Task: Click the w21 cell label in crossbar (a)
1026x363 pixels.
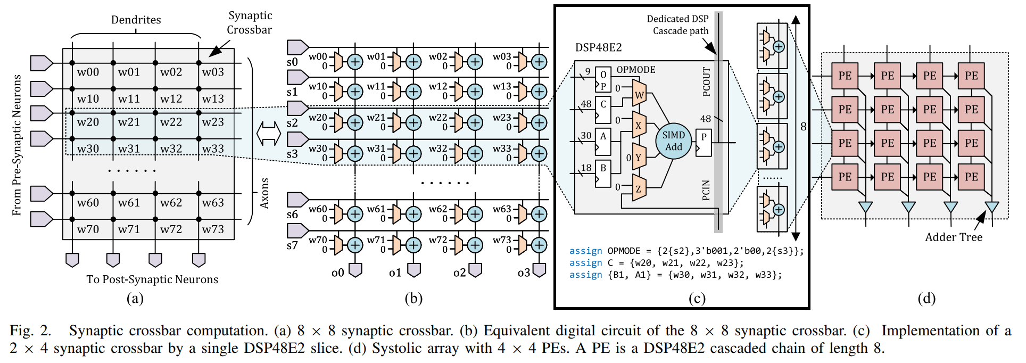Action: tap(129, 122)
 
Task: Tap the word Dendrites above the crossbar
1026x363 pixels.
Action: tap(136, 20)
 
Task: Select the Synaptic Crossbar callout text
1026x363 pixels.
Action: tap(250, 23)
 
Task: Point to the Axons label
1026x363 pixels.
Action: tap(264, 193)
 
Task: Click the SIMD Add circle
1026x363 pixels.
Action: tap(673, 142)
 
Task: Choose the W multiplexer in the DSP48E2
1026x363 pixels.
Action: tap(639, 95)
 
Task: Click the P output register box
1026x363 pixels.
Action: tap(704, 142)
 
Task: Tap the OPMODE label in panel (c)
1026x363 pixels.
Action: tap(636, 70)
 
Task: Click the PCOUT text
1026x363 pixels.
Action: tap(707, 81)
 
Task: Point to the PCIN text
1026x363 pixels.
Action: tap(707, 190)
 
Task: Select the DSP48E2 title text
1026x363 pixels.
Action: tap(598, 48)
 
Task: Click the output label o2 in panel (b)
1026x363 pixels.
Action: tap(459, 273)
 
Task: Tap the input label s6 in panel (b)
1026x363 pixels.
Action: tap(292, 214)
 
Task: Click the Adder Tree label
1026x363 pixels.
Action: tap(954, 237)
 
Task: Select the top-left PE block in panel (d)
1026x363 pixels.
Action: tap(845, 76)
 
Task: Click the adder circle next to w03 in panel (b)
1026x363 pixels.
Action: tap(539, 62)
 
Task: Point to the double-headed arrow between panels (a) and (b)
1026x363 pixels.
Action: tap(269, 133)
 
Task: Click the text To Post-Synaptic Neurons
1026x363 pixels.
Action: tap(152, 279)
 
